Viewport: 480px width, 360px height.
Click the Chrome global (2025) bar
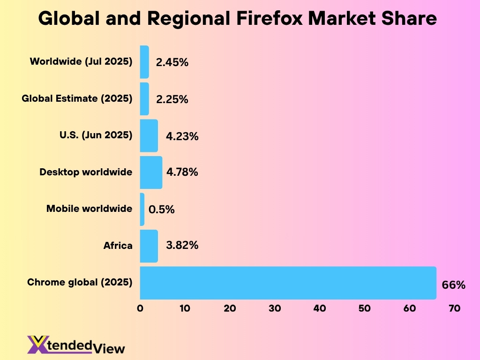(288, 283)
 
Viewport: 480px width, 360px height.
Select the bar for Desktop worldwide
(151, 172)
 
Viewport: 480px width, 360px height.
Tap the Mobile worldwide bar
(142, 209)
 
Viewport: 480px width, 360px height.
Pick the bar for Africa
(149, 246)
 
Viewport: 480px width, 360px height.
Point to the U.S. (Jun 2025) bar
(149, 135)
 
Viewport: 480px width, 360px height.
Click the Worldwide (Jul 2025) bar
(144, 62)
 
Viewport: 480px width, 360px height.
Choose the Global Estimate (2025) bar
(144, 99)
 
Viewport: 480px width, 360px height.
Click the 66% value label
(454, 285)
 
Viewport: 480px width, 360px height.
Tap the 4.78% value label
(182, 172)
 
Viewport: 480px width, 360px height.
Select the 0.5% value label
(161, 210)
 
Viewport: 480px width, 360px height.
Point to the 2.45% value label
(172, 62)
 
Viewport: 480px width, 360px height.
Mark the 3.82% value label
(182, 246)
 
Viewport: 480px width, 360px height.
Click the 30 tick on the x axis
(275, 308)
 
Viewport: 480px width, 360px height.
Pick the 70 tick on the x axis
(454, 308)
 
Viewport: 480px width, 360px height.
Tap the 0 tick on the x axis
(140, 308)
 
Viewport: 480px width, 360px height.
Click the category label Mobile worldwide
(89, 209)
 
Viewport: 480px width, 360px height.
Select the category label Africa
(118, 246)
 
